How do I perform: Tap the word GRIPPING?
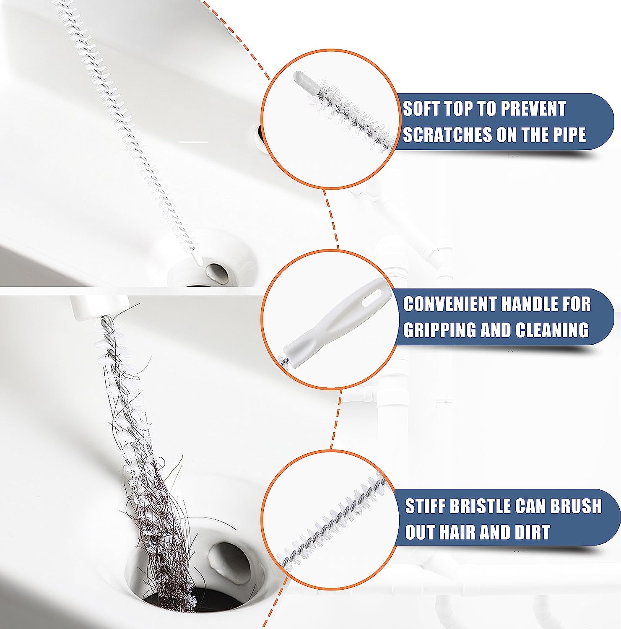[x=439, y=330]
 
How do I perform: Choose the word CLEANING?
[x=552, y=330]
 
